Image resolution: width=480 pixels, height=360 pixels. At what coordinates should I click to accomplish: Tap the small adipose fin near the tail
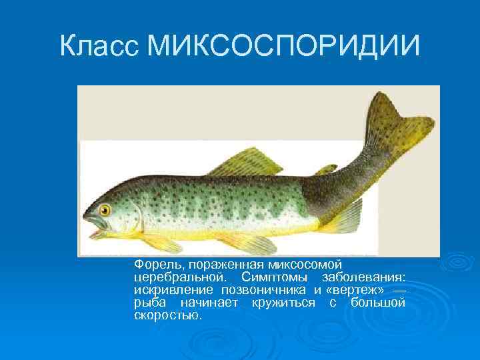point(326,169)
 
